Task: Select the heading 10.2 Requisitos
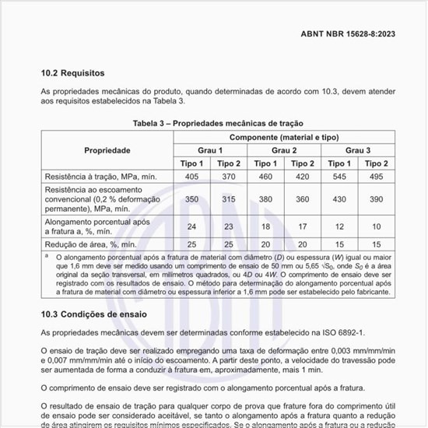pyautogui.click(x=72, y=73)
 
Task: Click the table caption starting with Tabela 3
pyautogui.click(x=214, y=123)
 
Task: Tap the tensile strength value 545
pyautogui.click(x=339, y=177)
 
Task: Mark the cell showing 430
pyautogui.click(x=339, y=198)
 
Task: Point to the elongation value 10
pyautogui.click(x=376, y=226)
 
